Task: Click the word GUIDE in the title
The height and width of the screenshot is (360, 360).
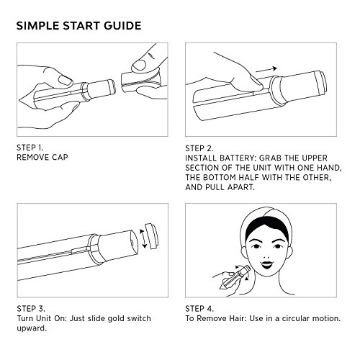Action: click(122, 26)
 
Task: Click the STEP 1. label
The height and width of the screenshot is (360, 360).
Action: click(30, 148)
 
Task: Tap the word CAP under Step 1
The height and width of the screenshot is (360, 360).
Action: click(60, 157)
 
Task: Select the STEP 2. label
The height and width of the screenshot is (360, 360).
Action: click(199, 148)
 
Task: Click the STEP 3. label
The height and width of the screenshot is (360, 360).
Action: click(31, 308)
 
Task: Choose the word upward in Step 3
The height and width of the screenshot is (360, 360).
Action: click(32, 328)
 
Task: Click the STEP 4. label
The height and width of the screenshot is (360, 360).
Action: click(199, 308)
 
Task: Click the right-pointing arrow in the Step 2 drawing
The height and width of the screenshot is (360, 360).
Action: click(266, 70)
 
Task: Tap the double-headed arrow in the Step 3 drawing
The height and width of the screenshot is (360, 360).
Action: click(143, 238)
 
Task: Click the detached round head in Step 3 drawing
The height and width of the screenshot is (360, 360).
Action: click(151, 236)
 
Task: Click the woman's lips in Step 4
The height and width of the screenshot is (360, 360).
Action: click(267, 264)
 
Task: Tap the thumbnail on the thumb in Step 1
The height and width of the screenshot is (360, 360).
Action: click(66, 81)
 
